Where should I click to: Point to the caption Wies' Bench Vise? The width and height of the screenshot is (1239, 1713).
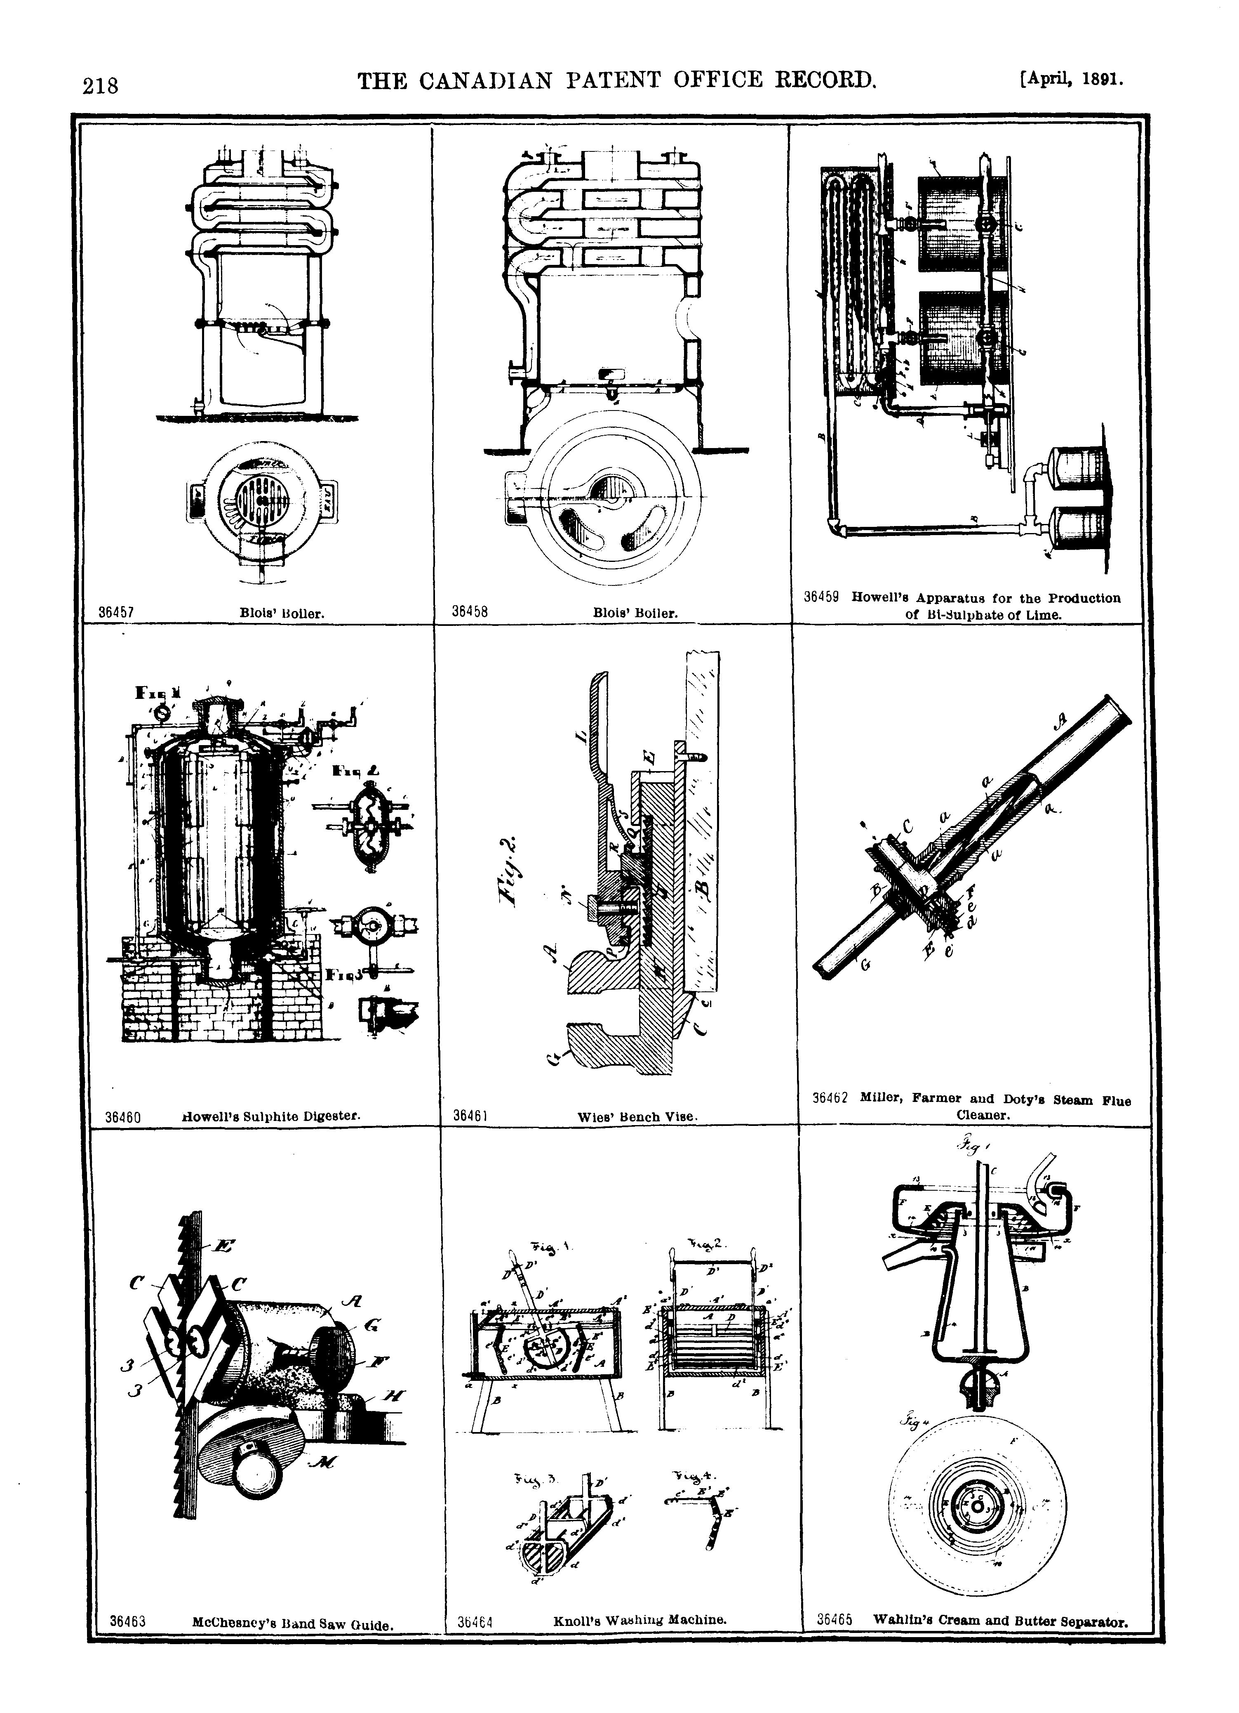(633, 1116)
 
